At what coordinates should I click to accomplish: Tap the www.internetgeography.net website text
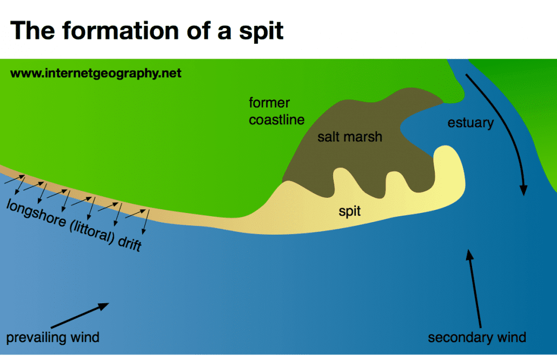(96, 73)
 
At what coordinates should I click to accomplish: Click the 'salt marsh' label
(349, 137)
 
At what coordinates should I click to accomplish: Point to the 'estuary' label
(470, 123)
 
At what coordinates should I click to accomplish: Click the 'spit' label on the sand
(349, 211)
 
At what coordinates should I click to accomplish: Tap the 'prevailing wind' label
(52, 338)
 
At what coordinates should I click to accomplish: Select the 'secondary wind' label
(476, 338)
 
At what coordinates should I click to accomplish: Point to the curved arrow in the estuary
(503, 130)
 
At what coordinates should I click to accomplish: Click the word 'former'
(269, 103)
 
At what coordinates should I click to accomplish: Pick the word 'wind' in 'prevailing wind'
(84, 338)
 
